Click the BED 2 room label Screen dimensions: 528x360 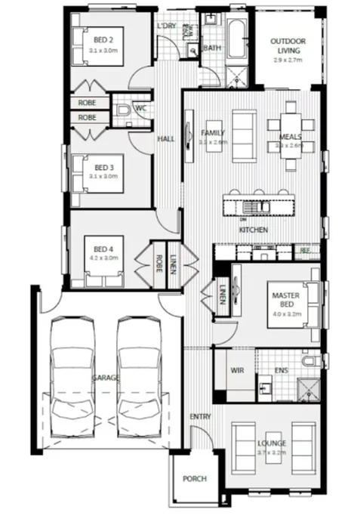pos(103,40)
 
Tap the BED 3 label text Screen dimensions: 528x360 pos(103,167)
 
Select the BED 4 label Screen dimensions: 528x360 pos(103,249)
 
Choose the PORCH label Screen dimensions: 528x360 pos(195,479)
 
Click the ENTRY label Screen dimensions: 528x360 pos(200,416)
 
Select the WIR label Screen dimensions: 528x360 pos(236,370)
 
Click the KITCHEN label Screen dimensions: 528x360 pos(251,229)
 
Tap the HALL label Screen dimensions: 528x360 pos(166,140)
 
